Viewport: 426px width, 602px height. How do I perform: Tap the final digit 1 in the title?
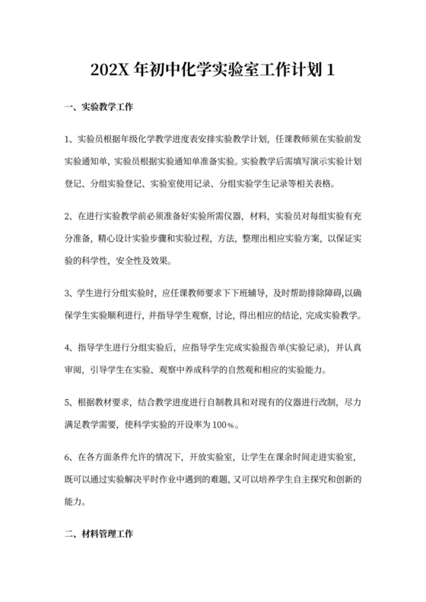[330, 71]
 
